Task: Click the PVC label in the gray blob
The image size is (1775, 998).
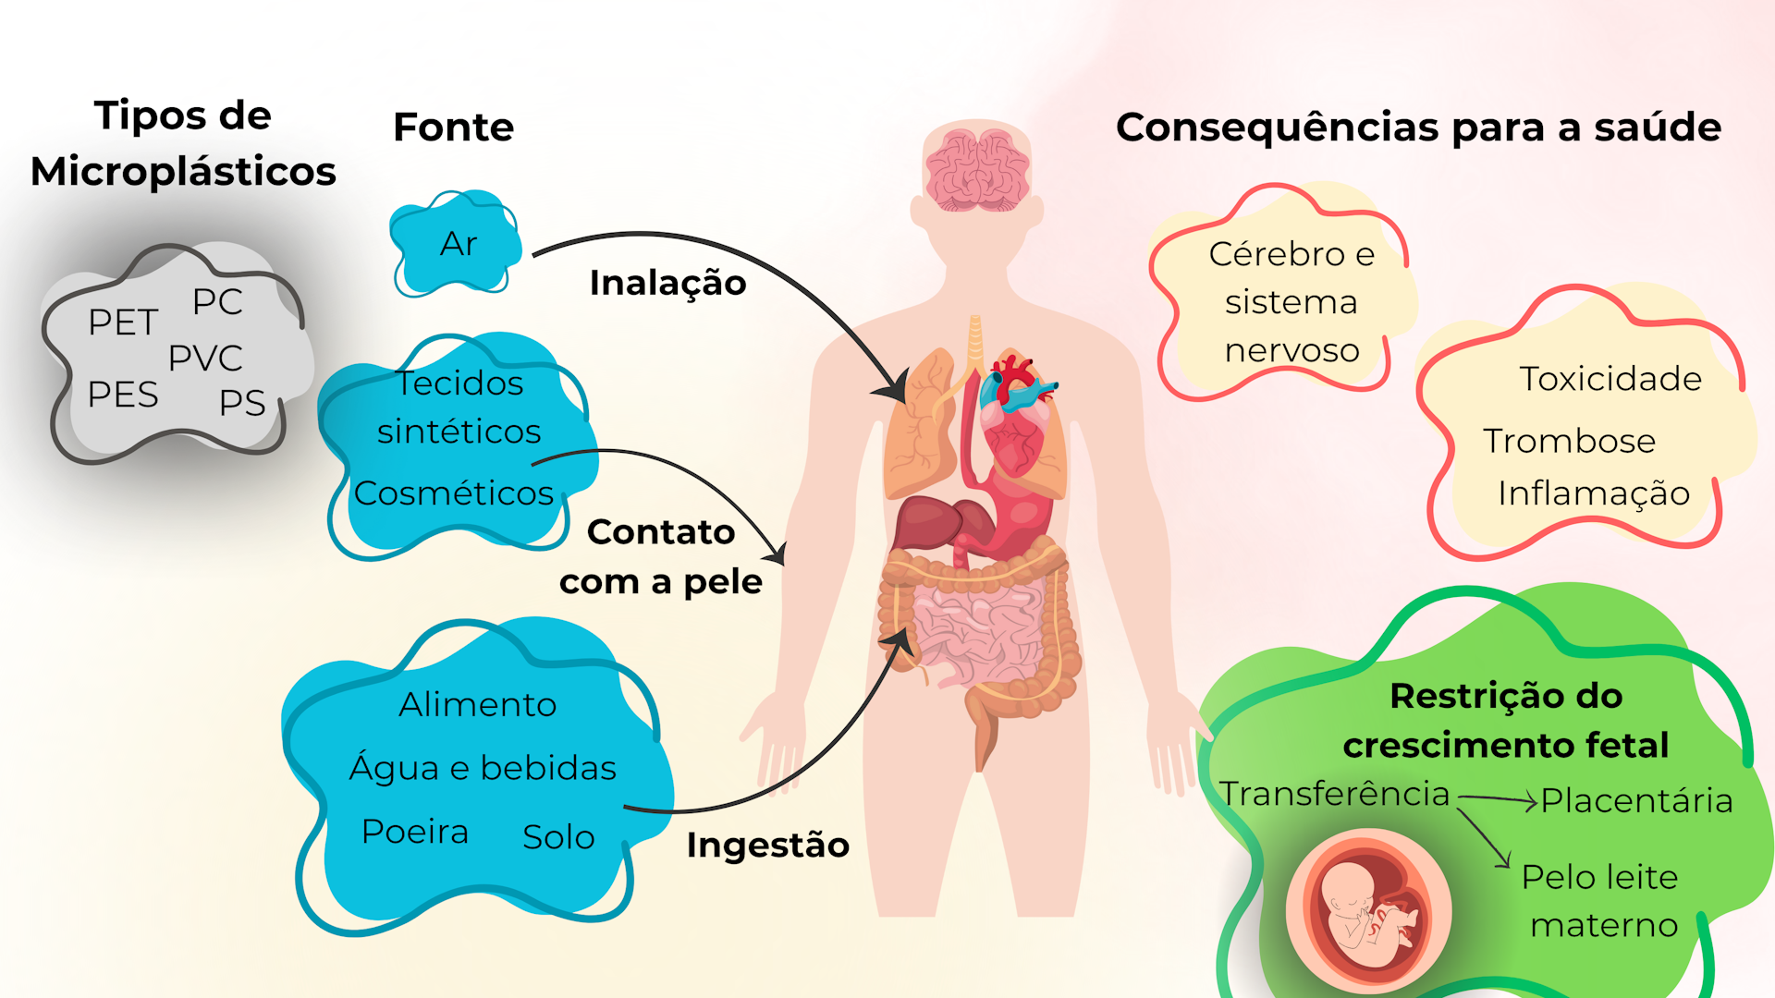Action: [205, 358]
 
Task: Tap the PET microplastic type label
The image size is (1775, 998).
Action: [123, 322]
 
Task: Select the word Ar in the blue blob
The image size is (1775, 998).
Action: [459, 244]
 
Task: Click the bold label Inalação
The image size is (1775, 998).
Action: [667, 283]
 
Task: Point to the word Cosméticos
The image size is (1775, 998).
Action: [454, 493]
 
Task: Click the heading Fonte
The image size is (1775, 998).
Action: [453, 127]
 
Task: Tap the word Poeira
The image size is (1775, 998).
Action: [415, 832]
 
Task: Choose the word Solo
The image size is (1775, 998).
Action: [558, 836]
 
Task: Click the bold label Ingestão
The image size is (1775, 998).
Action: [767, 846]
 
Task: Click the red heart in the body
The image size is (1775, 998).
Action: [1016, 407]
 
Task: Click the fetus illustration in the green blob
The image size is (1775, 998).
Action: [1368, 910]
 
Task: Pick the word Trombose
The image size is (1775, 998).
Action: [1569, 442]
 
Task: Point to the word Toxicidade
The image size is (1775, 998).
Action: [1610, 379]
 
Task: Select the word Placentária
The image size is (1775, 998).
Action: [1636, 800]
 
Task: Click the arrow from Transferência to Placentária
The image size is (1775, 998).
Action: [1498, 799]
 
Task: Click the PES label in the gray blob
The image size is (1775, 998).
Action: [123, 395]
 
